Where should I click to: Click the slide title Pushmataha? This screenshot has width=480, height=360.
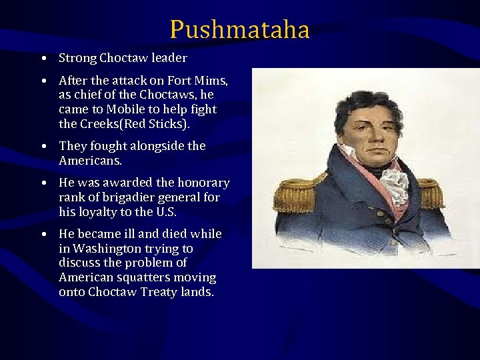239,29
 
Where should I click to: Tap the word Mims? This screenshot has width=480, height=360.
213,81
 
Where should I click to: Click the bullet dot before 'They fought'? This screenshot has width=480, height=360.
42,146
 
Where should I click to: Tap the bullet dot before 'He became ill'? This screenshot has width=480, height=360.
42,235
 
